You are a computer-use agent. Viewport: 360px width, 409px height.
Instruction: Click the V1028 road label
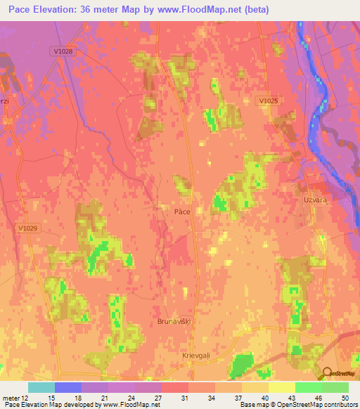pyautogui.click(x=63, y=51)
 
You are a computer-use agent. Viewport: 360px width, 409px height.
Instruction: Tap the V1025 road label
pyautogui.click(x=267, y=101)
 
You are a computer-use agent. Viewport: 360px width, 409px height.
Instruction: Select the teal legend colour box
pyautogui.click(x=41, y=387)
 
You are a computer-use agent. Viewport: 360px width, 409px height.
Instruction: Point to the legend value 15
pyautogui.click(x=51, y=398)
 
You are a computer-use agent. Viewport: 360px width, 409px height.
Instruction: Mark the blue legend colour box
pyautogui.click(x=67, y=387)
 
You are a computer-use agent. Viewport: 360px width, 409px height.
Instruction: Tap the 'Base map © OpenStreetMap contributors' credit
pyautogui.click(x=298, y=405)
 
